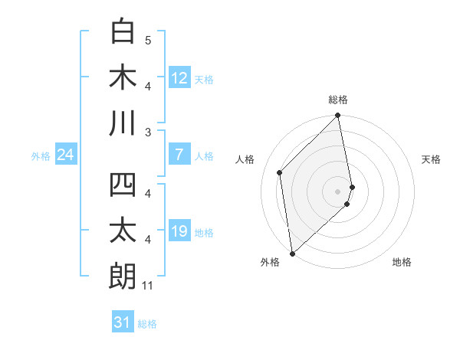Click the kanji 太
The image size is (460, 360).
(123, 231)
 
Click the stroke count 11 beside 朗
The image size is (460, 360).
(148, 286)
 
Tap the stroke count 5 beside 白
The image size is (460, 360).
(148, 40)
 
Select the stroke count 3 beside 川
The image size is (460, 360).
(148, 132)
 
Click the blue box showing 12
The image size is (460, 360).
(179, 77)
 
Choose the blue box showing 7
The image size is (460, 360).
(179, 155)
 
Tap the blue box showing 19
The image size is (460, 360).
(179, 231)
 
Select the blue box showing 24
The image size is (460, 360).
(65, 155)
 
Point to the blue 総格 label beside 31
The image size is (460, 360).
(147, 324)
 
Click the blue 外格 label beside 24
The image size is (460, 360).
(41, 156)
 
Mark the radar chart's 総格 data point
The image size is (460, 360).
(338, 116)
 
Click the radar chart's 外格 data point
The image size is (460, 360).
(292, 254)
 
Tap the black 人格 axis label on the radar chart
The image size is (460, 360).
(245, 159)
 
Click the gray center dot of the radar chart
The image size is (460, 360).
(338, 191)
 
